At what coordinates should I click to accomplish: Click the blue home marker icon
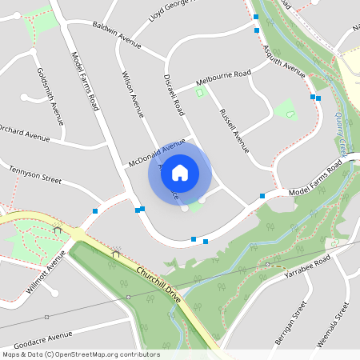179,172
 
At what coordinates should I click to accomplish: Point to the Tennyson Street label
35,174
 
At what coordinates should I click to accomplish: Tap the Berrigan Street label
293,323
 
